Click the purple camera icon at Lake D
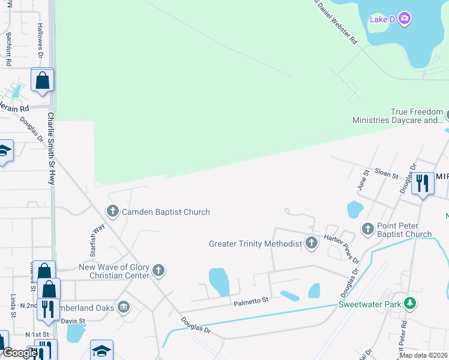pyautogui.click(x=405, y=19)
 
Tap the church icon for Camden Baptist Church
pyautogui.click(x=112, y=211)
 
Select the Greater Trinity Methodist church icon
pyautogui.click(x=311, y=243)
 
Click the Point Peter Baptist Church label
pyautogui.click(x=404, y=230)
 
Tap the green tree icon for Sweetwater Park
pyautogui.click(x=410, y=304)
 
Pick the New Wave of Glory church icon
pyautogui.click(x=158, y=271)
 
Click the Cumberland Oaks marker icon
pyautogui.click(x=124, y=307)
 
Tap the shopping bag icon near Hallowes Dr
pyautogui.click(x=43, y=80)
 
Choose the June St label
pyautogui.click(x=362, y=180)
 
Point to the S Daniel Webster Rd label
pyautogui.click(x=336, y=22)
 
